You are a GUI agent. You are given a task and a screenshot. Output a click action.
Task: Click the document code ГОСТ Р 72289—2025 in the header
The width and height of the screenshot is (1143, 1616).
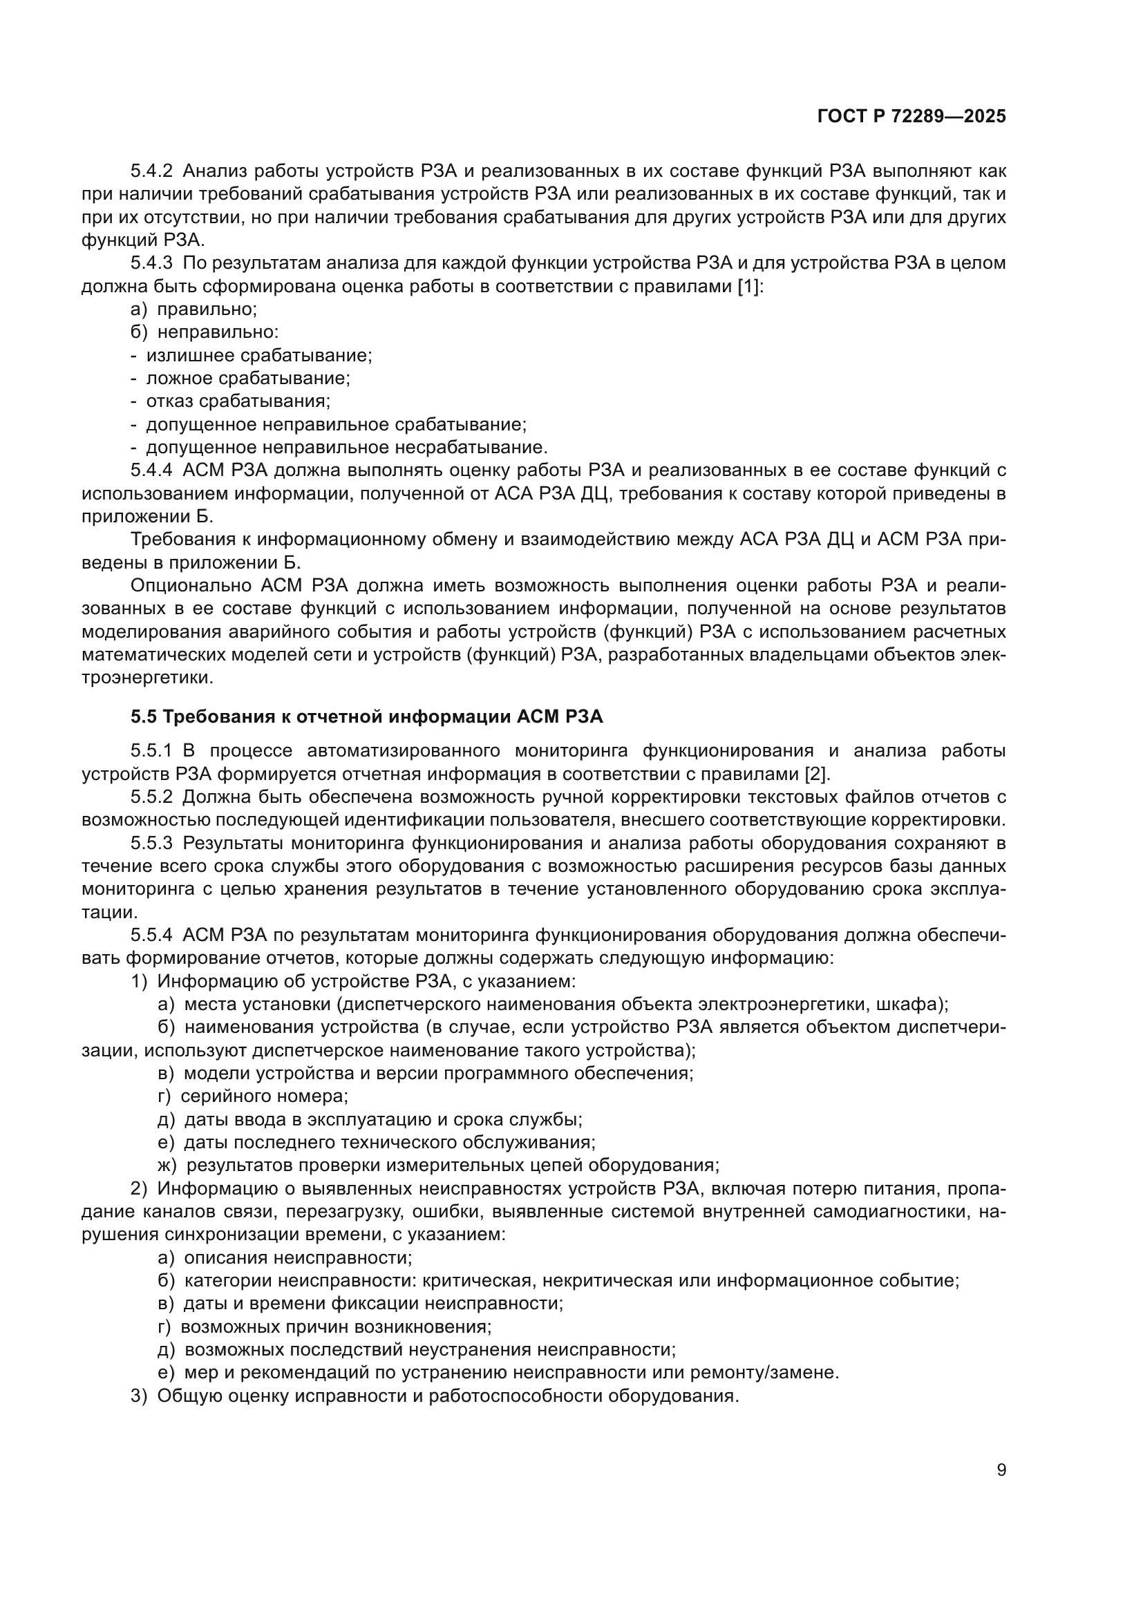[x=911, y=117]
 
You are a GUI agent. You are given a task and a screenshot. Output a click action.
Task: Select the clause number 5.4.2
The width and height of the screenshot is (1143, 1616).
[x=151, y=171]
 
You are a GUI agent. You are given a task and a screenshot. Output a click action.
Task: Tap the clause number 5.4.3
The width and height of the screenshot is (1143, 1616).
[x=151, y=263]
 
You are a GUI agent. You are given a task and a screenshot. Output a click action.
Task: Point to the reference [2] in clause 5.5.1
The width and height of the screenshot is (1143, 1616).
[x=817, y=774]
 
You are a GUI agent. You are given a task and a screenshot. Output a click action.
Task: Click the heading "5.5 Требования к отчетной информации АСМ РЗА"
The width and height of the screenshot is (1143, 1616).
[x=367, y=716]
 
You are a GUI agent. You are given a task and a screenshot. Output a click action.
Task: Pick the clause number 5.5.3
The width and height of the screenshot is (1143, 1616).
[x=151, y=843]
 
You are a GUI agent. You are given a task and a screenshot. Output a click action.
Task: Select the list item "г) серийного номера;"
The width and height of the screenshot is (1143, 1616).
[x=253, y=1096]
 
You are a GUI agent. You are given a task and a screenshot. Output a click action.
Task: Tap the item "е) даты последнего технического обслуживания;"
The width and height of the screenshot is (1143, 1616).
[x=377, y=1142]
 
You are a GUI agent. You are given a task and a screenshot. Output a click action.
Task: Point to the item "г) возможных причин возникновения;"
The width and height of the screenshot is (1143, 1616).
[x=325, y=1327]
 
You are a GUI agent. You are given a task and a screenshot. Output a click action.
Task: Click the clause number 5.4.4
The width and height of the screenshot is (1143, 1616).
[x=151, y=471]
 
